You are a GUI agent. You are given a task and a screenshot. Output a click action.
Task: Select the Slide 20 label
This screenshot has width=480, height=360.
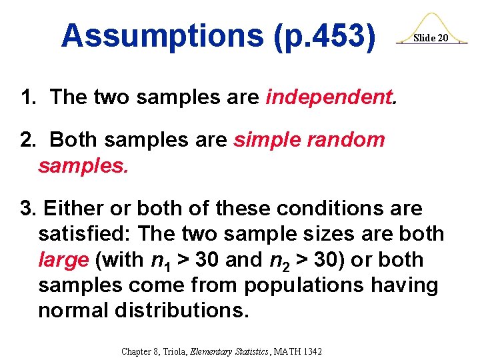point(430,38)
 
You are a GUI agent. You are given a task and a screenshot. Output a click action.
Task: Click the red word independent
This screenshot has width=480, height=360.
point(331,97)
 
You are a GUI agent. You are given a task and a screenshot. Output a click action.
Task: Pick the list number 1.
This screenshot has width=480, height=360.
point(27,97)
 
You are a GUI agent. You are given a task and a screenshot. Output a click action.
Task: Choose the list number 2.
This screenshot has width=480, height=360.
point(27,140)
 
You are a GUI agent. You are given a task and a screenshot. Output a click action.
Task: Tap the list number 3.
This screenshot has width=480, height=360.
point(27,209)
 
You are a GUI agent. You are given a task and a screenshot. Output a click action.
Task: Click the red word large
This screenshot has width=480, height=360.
point(63,260)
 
